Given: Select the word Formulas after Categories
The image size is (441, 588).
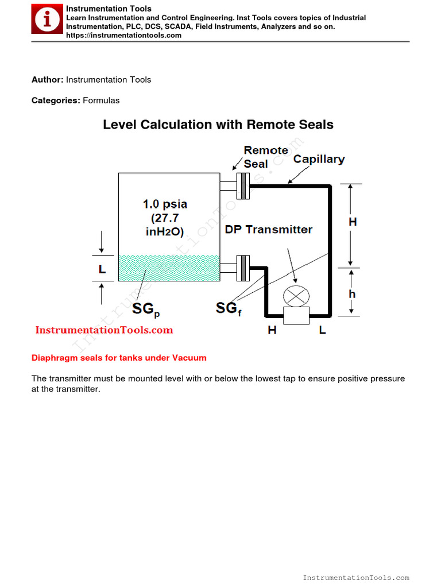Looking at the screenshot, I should click(101, 100).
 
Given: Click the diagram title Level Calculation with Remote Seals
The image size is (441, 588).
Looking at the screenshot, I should click(218, 125).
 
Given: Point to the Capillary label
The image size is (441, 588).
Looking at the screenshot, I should click(319, 159).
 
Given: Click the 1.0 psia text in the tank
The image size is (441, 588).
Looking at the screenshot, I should click(165, 204).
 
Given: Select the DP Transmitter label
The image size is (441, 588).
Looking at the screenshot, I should click(268, 230).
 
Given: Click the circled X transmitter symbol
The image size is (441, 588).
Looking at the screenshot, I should click(296, 296).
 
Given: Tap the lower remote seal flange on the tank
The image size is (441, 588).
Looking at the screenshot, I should click(243, 267).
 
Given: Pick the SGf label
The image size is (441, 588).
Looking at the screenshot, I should click(228, 309).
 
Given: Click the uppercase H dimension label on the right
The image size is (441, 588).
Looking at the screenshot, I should click(353, 222).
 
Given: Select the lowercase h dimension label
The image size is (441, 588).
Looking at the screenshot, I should click(352, 294).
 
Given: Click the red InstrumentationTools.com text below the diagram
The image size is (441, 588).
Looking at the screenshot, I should click(104, 330).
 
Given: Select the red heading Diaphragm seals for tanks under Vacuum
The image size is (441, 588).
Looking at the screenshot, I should click(119, 358).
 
